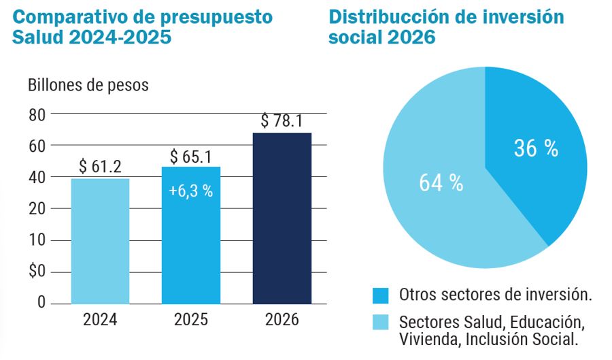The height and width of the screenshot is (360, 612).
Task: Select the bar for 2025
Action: (191, 235)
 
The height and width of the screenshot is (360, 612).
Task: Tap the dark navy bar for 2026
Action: (282, 218)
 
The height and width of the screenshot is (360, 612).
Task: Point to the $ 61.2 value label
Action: (100, 166)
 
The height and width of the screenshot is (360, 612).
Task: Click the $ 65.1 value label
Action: (192, 156)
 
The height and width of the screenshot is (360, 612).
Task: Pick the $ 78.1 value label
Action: (282, 121)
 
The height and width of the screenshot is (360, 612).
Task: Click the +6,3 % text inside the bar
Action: (191, 191)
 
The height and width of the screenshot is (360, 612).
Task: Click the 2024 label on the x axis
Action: (100, 319)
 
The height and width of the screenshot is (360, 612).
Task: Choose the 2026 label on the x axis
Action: (282, 319)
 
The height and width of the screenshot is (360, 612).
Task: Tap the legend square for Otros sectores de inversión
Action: (381, 295)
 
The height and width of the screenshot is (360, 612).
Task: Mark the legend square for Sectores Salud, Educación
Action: (381, 322)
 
